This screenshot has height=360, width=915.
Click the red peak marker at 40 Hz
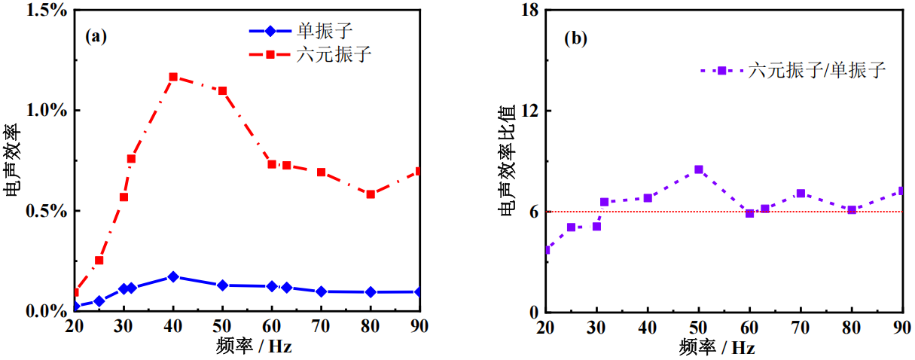tap(173, 77)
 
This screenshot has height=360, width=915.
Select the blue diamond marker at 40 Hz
tap(173, 276)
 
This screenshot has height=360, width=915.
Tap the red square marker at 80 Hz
tap(371, 194)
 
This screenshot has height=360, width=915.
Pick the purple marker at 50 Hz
tap(699, 169)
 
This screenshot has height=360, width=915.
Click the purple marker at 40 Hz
tap(648, 198)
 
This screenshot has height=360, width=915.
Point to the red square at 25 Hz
tap(99, 261)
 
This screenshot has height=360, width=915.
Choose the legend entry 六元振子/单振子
tap(816, 70)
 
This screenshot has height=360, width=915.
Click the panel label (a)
tap(96, 36)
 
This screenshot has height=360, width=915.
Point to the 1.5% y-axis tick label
tap(49, 11)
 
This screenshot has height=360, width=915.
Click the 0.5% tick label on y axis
tap(49, 211)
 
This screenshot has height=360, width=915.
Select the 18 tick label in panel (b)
tap(532, 11)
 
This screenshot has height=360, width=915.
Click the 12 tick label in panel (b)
tap(532, 111)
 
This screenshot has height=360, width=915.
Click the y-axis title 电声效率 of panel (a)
tap(13, 160)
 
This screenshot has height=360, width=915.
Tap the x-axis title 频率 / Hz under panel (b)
tap(716, 347)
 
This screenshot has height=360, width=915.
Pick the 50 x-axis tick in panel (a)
tap(222, 326)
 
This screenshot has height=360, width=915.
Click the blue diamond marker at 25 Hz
tap(99, 301)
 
